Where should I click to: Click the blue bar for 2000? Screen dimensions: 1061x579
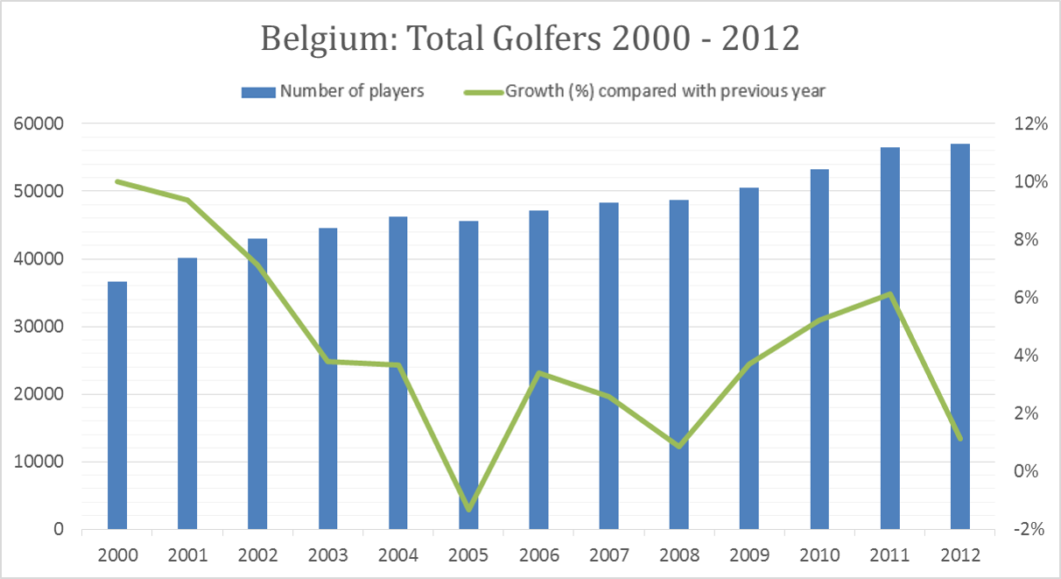pos(117,405)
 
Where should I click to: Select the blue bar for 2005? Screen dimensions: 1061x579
pos(468,375)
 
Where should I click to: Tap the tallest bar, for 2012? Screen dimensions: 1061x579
pos(960,336)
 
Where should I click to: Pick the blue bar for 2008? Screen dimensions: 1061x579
pos(678,364)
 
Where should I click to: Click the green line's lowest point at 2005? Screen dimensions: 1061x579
pos(469,509)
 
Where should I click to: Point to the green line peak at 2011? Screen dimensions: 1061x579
pos(890,294)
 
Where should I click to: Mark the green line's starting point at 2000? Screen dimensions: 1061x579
pos(117,181)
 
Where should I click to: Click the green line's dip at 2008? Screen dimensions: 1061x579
pos(679,446)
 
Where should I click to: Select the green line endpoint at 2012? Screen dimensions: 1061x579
pos(960,439)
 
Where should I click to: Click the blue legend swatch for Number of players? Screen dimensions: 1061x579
pos(258,92)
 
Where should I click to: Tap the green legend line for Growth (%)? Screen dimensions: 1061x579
pos(483,92)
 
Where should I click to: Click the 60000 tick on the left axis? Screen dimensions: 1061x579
pos(39,124)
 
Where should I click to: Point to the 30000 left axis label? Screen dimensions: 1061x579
pos(39,327)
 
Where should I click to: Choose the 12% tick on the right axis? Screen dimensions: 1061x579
pos(1030,124)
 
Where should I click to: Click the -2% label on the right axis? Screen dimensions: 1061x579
pos(1029,529)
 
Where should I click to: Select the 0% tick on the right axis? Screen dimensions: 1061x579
pos(1026,471)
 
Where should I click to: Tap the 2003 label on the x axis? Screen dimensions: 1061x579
pos(327,554)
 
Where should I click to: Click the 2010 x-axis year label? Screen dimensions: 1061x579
pos(819,554)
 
